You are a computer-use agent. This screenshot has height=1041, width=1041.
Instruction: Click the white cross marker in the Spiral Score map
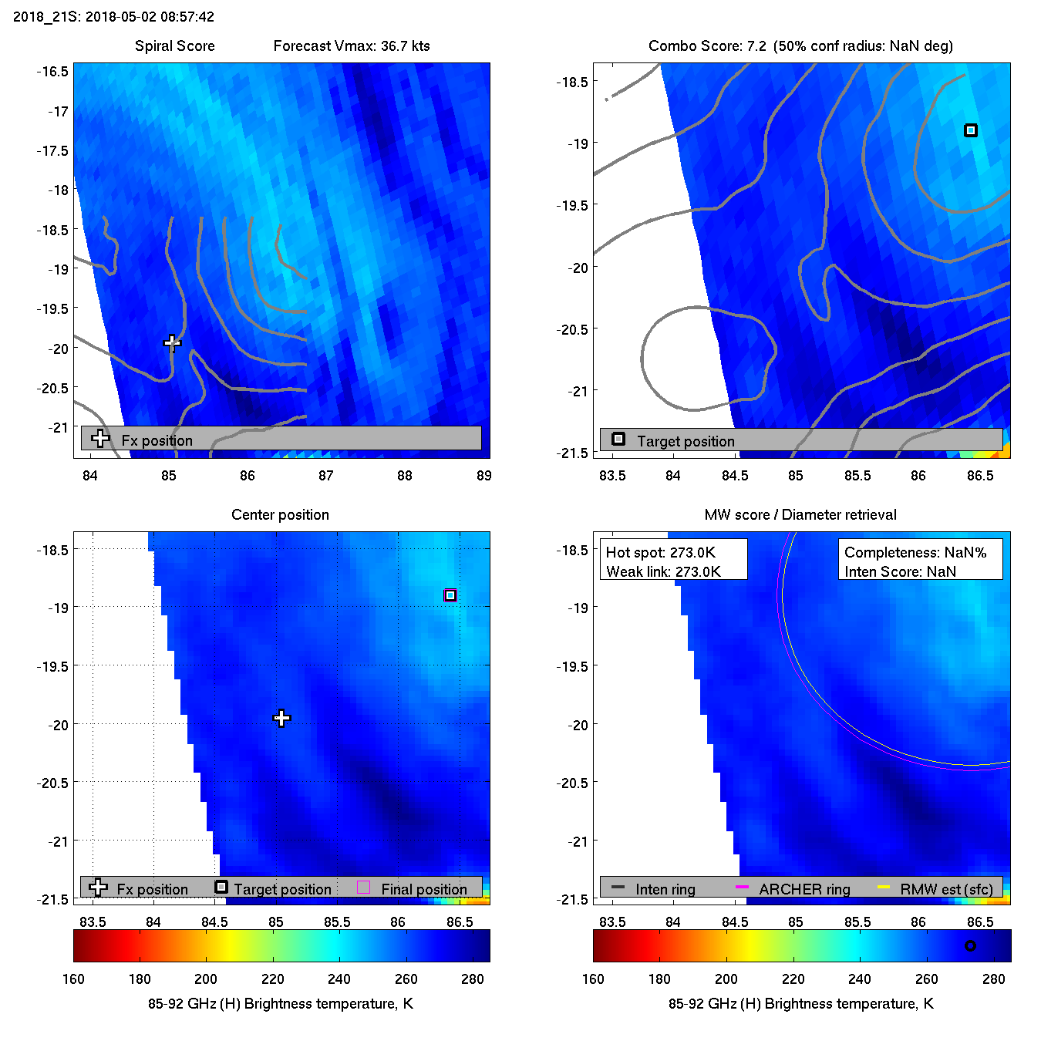(172, 342)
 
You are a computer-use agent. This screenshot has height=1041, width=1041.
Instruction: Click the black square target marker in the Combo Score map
(971, 130)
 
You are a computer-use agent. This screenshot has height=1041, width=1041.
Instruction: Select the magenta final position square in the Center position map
(450, 595)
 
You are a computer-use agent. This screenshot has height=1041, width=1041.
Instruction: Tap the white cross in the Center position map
(281, 719)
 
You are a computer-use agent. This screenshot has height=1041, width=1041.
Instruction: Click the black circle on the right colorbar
(970, 945)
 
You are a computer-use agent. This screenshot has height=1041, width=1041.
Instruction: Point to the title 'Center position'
(280, 514)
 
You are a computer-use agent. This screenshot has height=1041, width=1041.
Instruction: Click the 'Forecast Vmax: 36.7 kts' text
(352, 45)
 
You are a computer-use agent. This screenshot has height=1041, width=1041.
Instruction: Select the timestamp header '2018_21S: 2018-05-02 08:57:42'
(114, 16)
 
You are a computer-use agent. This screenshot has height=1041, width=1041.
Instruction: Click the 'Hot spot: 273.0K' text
(661, 552)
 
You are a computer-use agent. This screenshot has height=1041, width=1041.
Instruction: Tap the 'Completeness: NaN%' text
(915, 552)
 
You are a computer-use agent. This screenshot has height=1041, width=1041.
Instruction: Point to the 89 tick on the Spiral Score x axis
(483, 475)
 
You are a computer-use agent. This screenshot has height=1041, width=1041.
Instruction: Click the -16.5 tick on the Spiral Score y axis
(52, 72)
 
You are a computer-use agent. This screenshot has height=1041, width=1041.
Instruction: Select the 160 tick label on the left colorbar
(73, 979)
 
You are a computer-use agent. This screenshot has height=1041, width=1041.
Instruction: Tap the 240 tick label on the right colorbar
(860, 979)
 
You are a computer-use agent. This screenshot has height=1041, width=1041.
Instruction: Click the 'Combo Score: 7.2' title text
(707, 45)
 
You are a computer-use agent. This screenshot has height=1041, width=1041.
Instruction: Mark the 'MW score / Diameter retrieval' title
(800, 514)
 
